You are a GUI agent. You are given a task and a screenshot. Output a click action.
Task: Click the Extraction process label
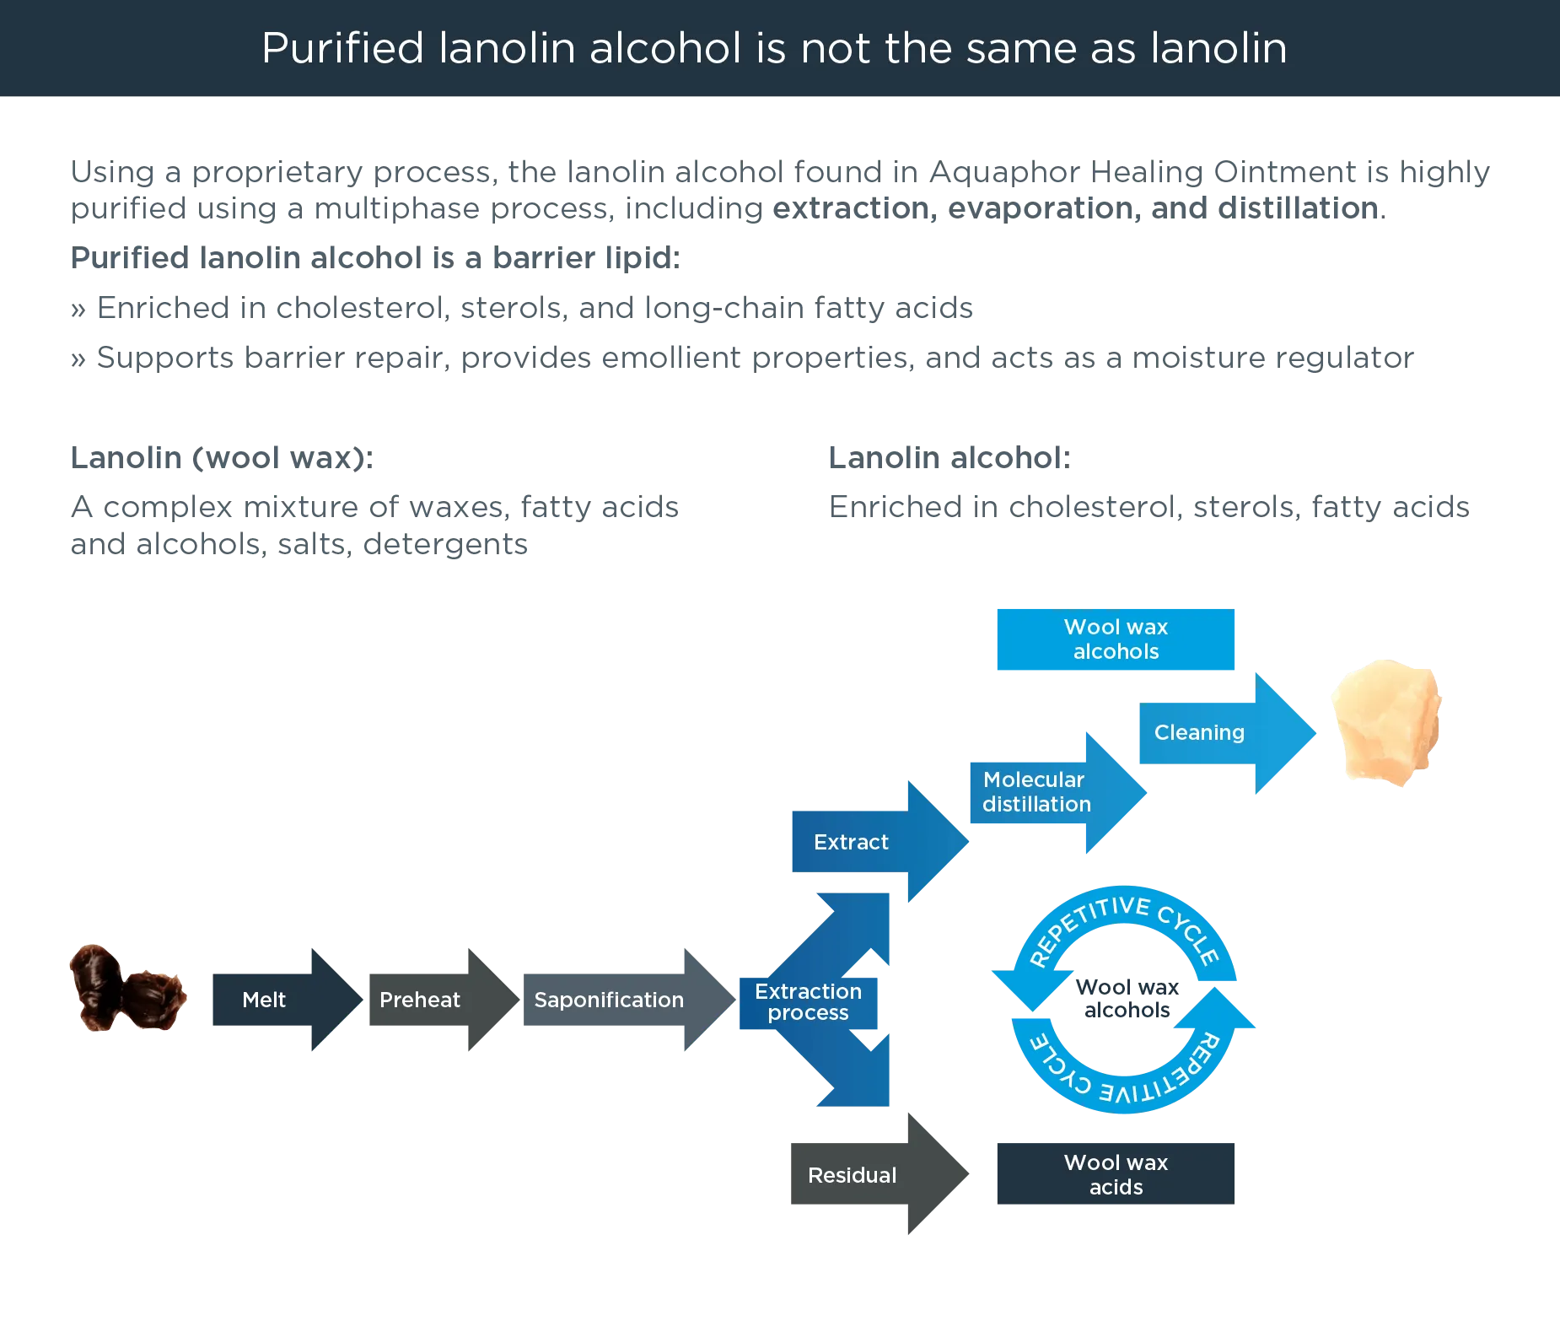(x=808, y=1001)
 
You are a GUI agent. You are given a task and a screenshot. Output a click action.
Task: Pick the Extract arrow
(x=869, y=842)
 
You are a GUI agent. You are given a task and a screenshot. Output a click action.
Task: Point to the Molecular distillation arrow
(x=1046, y=792)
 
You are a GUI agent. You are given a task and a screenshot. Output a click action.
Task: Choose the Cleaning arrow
(x=1214, y=732)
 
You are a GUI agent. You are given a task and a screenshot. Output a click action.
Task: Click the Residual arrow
(x=869, y=1175)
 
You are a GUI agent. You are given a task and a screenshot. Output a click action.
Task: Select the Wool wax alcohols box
(x=1116, y=639)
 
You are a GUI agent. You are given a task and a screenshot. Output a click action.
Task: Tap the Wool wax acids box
(x=1116, y=1174)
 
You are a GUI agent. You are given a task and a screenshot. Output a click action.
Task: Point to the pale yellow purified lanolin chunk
(x=1385, y=721)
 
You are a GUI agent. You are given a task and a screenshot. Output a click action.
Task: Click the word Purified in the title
(x=342, y=48)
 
